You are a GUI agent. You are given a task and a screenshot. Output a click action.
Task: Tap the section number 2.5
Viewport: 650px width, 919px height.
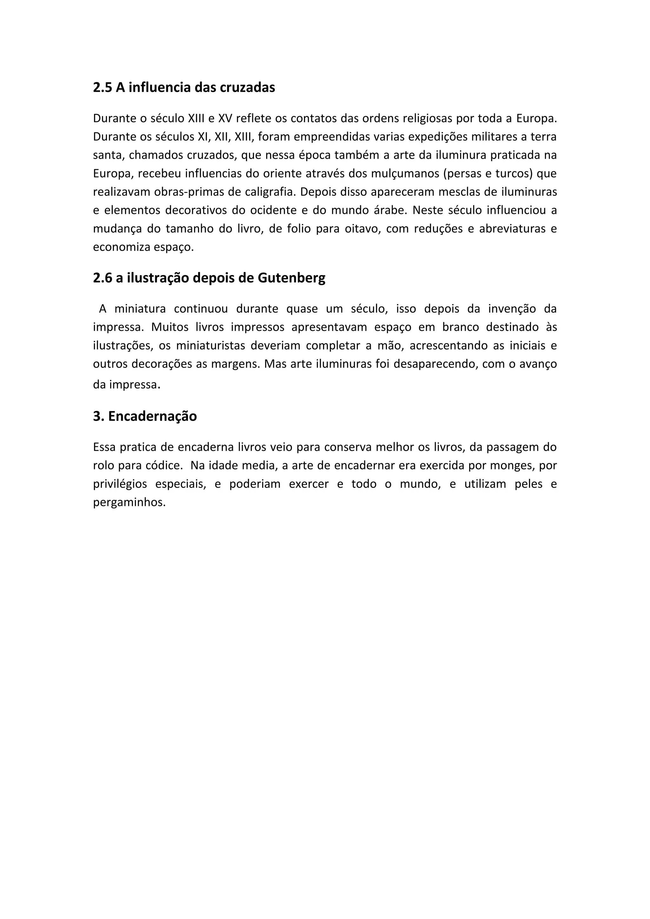pyautogui.click(x=103, y=87)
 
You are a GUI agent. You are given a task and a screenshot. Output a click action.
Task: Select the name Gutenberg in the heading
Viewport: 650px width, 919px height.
pyautogui.click(x=291, y=278)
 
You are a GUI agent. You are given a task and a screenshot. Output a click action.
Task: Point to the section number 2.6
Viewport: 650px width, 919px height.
pyautogui.click(x=103, y=278)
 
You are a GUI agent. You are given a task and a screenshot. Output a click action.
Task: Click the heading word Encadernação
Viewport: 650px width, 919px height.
pyautogui.click(x=152, y=416)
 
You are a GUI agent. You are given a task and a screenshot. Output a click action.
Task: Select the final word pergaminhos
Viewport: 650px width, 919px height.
pyautogui.click(x=129, y=503)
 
